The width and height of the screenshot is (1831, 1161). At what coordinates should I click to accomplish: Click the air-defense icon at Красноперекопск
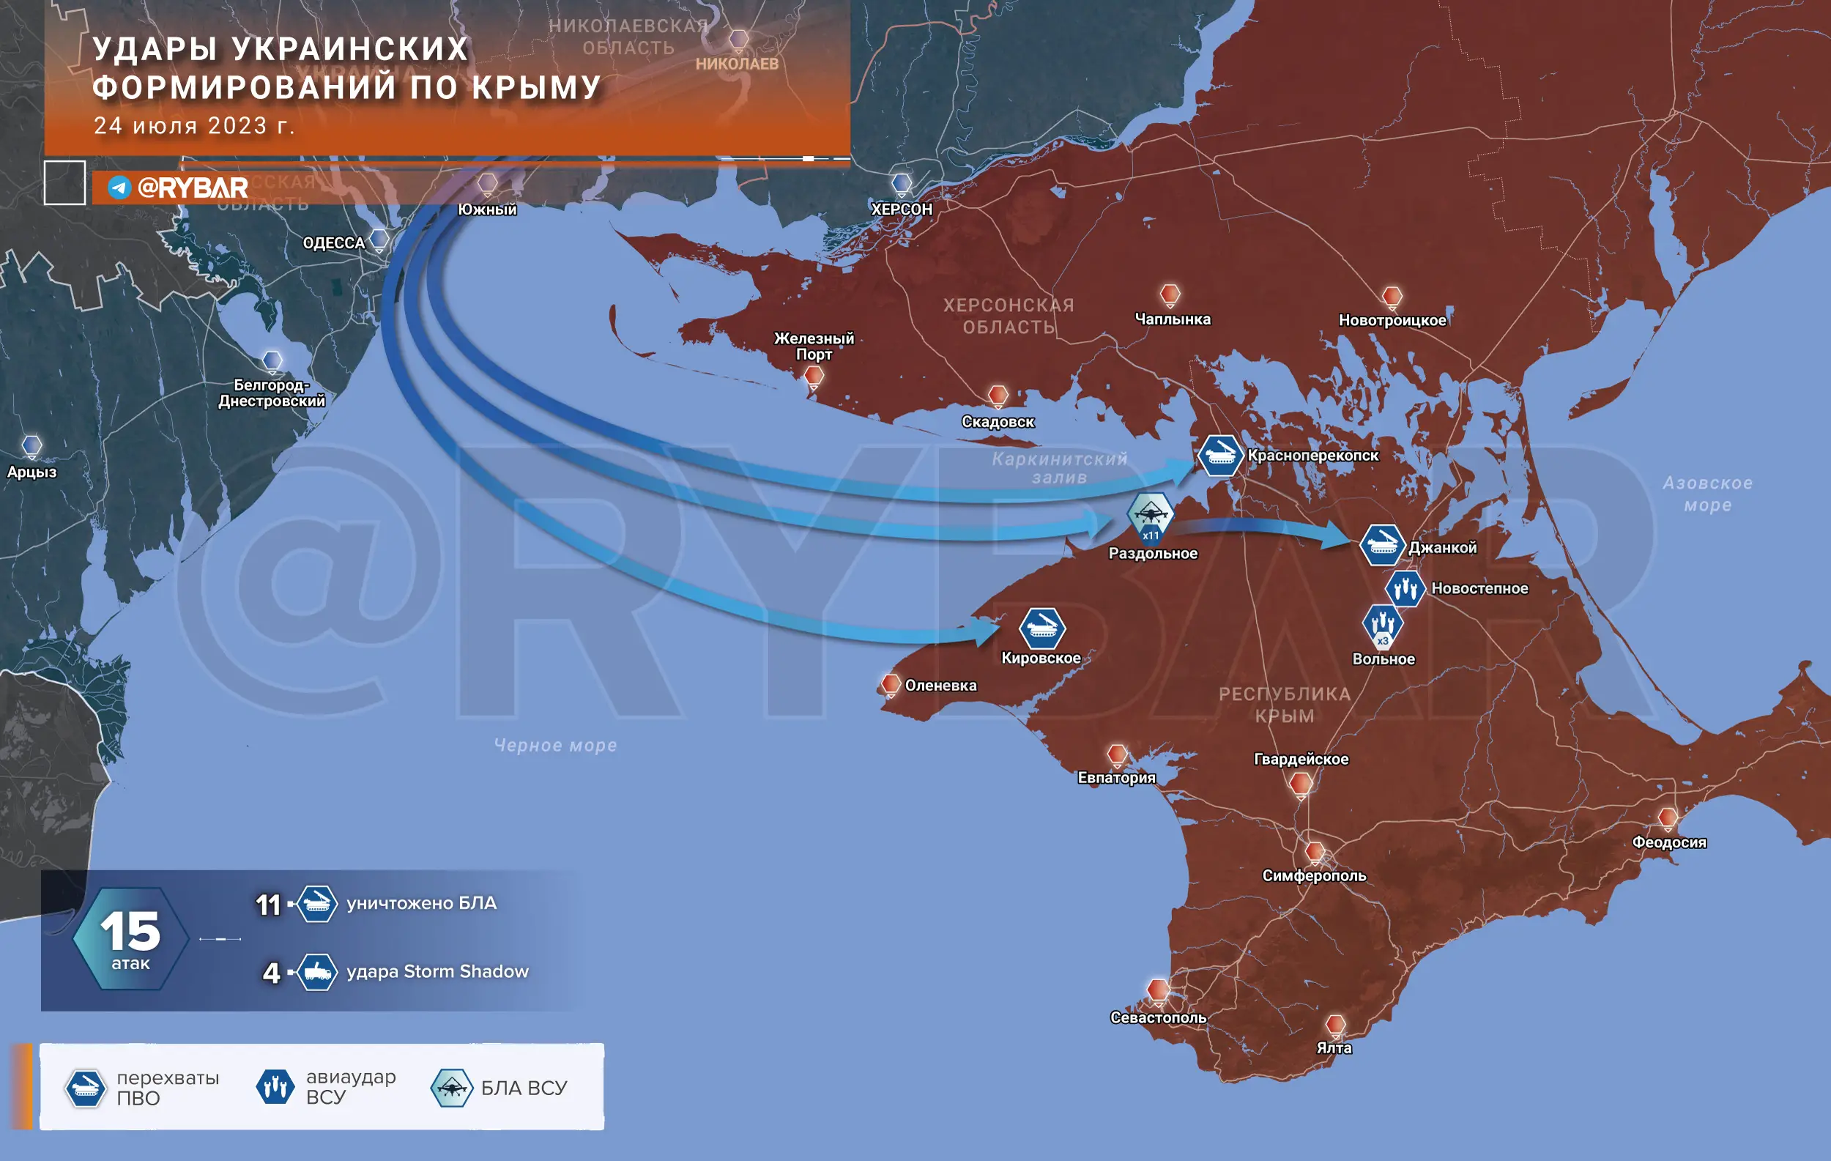point(1219,455)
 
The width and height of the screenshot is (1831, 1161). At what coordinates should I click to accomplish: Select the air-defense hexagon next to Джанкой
point(1381,545)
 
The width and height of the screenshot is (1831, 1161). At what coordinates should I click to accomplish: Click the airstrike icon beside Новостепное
point(1405,588)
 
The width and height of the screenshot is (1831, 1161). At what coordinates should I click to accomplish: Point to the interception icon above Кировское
point(1041,628)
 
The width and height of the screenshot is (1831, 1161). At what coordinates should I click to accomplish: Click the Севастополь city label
point(1157,1017)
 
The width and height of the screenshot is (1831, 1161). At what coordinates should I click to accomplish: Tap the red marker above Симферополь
point(1315,852)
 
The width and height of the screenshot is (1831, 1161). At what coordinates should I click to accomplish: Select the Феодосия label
point(1669,842)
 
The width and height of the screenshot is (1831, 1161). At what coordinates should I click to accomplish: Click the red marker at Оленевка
point(891,684)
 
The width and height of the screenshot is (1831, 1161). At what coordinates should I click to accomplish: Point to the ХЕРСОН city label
point(901,209)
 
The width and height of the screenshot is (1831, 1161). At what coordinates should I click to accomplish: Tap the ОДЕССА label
point(334,243)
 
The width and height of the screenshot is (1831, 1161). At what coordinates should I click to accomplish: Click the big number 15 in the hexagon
point(130,932)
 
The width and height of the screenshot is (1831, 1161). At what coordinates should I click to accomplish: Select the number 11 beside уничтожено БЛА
point(267,905)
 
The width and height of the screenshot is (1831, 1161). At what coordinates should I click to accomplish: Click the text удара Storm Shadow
point(437,972)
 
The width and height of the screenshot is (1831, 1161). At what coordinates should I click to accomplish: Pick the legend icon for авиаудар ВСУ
point(275,1086)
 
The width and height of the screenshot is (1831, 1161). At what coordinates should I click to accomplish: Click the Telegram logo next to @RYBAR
point(119,187)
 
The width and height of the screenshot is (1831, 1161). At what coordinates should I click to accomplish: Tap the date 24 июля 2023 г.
point(194,125)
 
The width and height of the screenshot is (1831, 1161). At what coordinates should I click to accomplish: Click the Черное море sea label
point(555,745)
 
